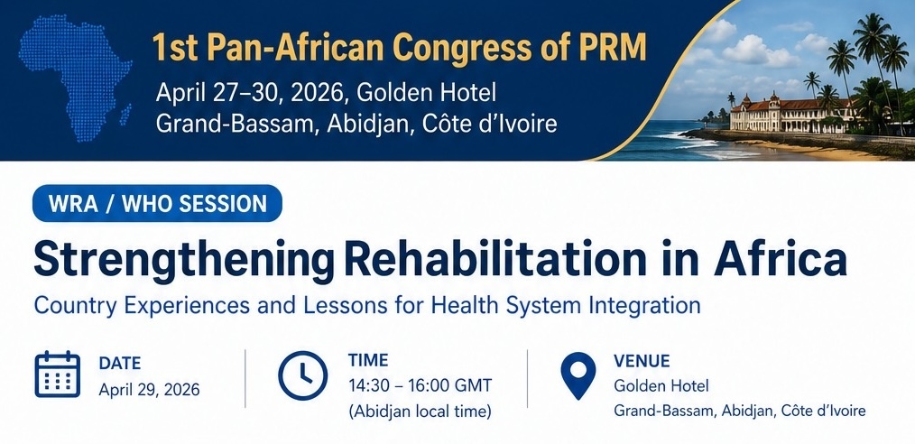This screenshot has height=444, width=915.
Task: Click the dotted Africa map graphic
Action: (75, 83)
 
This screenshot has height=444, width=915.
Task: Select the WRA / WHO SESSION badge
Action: (158, 203)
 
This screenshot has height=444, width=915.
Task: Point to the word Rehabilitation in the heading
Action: (495, 257)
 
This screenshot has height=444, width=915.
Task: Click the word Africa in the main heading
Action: (780, 257)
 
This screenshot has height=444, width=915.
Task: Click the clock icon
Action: (303, 375)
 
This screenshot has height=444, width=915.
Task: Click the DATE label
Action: (120, 364)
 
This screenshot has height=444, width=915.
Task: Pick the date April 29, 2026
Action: (150, 389)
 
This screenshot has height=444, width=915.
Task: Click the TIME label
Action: (368, 360)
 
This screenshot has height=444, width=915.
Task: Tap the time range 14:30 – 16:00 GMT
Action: (421, 385)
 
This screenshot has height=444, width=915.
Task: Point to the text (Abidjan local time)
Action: (420, 412)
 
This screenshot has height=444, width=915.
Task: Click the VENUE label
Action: (642, 361)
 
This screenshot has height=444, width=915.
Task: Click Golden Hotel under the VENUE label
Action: (661, 385)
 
